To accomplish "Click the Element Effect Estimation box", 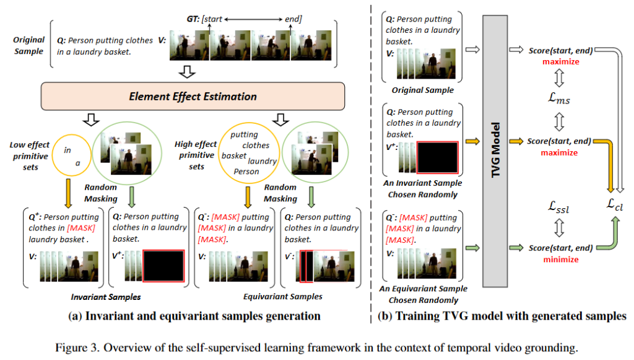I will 193,97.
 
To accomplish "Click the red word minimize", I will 560,260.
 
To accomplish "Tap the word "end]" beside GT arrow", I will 293,19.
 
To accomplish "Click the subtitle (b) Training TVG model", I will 502,316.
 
